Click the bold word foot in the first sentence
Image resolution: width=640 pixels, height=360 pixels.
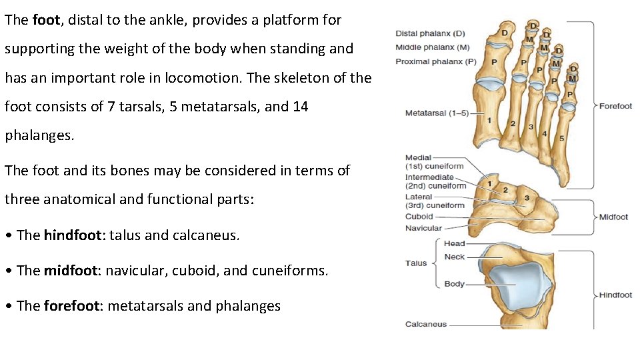(x=46, y=20)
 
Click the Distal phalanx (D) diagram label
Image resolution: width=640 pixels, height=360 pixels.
(x=430, y=33)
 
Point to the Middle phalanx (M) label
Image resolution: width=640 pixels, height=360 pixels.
(x=432, y=47)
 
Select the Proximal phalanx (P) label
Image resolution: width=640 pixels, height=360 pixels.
(x=436, y=61)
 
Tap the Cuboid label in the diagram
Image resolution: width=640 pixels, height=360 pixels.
(x=419, y=217)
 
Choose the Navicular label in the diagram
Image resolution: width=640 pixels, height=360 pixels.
(x=423, y=228)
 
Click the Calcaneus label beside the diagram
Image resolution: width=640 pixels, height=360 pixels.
(x=426, y=325)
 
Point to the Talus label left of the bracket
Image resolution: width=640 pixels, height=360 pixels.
(x=415, y=263)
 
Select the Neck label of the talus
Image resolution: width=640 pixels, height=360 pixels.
(x=454, y=257)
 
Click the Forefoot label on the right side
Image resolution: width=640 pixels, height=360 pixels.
(x=615, y=106)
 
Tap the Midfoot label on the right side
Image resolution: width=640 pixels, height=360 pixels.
(x=614, y=217)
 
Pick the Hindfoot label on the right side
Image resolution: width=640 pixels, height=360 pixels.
(x=615, y=295)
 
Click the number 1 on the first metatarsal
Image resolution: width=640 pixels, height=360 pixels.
(x=489, y=121)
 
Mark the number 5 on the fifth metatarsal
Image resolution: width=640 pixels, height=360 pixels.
(x=561, y=139)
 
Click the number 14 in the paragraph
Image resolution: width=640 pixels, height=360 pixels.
(x=301, y=107)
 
